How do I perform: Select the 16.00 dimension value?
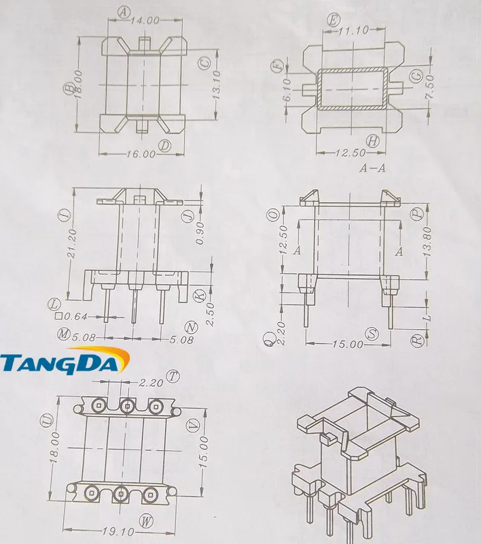pos(140,154)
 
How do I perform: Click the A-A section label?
pos(372,169)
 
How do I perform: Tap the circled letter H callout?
pos(372,141)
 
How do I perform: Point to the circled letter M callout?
pos(65,334)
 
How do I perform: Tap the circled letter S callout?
pos(372,334)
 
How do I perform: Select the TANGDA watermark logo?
pos(64,363)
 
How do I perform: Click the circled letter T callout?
pos(175,376)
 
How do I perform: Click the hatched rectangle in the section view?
pos(352,88)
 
